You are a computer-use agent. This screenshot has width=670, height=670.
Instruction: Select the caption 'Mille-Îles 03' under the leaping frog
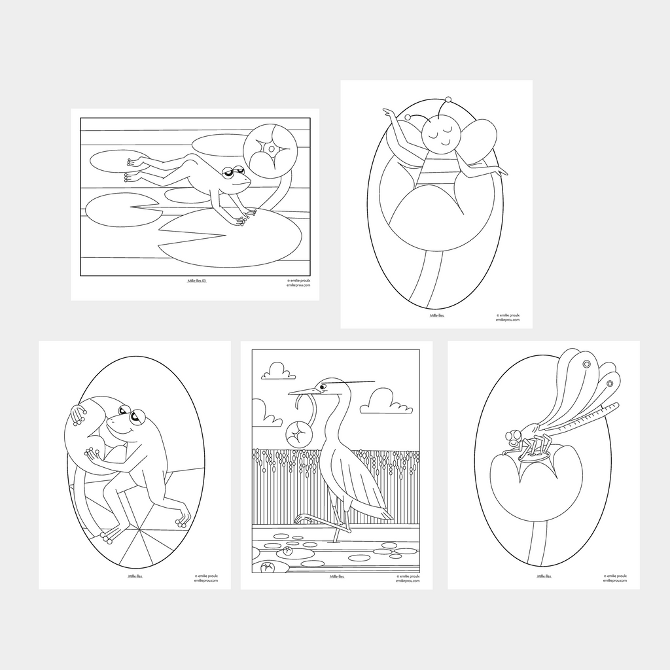pos(196,281)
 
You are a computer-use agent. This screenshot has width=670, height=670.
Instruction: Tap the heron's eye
pos(323,387)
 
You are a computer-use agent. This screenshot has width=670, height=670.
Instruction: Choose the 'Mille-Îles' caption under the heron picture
pos(337,576)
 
